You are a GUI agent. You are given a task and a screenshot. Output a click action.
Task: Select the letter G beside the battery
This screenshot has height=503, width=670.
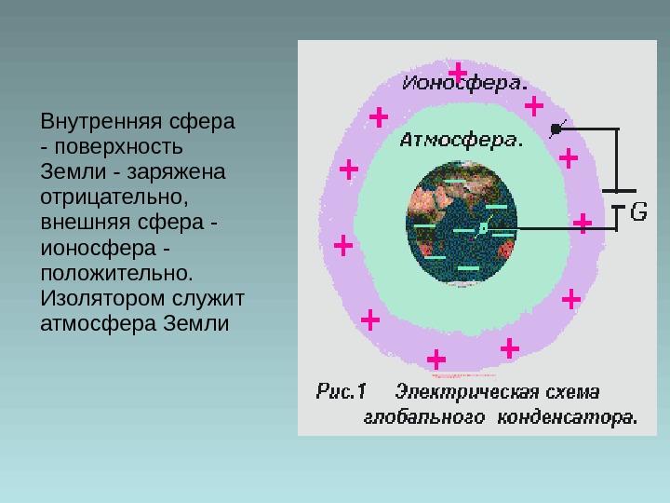click(639, 212)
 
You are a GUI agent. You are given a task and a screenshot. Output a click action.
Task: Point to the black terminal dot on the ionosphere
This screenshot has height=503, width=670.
click(556, 129)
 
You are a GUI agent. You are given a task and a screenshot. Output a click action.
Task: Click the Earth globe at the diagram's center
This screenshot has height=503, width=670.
click(461, 224)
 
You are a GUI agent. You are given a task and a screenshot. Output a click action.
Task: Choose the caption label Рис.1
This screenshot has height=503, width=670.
click(343, 390)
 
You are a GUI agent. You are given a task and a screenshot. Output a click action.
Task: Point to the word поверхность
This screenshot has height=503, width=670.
click(117, 148)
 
